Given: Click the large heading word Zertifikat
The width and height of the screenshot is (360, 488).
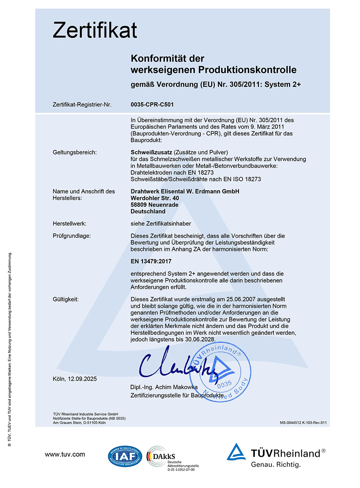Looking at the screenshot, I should [x=95, y=30].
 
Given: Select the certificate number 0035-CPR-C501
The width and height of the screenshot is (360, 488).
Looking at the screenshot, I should [x=152, y=105].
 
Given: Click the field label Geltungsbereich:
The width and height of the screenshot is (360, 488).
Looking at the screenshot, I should [x=75, y=152].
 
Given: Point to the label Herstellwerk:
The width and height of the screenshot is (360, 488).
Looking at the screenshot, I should [x=69, y=224].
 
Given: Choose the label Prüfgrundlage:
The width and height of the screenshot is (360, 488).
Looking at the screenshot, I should [x=72, y=236].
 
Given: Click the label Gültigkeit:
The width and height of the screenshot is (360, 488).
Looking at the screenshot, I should [x=65, y=299].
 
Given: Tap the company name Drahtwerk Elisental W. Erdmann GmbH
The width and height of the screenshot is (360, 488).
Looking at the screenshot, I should [x=185, y=191].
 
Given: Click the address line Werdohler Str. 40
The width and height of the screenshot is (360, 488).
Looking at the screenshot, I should [x=154, y=198].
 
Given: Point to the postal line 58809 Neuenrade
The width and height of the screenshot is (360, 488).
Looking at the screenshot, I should [x=154, y=204].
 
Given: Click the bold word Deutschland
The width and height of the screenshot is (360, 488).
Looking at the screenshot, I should [x=148, y=211].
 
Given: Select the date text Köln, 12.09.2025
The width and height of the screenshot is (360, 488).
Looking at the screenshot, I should [x=75, y=379].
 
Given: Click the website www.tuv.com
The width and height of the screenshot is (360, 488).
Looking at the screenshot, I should [x=65, y=454].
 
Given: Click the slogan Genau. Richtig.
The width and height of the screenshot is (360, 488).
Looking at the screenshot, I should [x=276, y=464].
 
